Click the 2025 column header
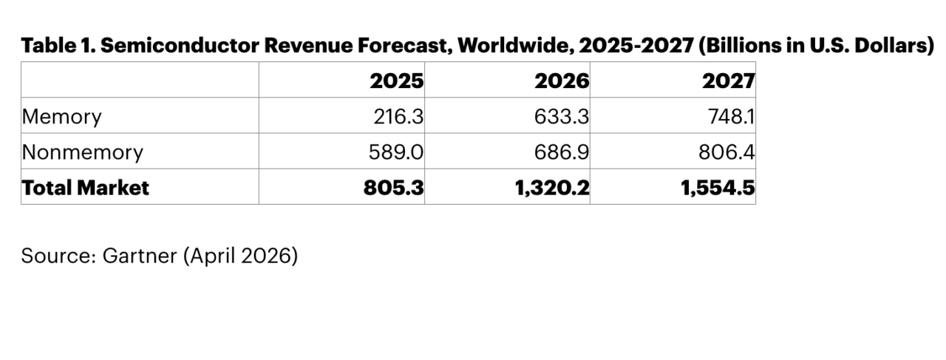pos(397,81)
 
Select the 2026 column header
pos(562,81)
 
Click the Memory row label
pos(61,117)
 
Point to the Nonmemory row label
pos(82,152)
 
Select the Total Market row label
pos(85,188)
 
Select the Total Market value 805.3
pos(394,188)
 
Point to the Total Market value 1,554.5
pos(717,188)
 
